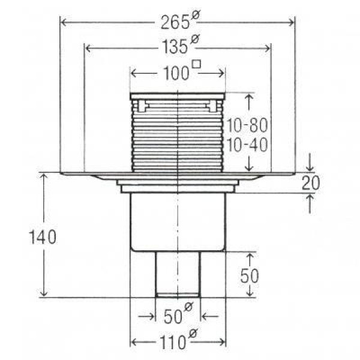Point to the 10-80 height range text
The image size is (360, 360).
(247, 125)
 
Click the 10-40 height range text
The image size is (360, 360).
(247, 145)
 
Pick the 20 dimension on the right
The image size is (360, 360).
(310, 183)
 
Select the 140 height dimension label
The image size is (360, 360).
(43, 237)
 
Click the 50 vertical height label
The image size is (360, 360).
(250, 276)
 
